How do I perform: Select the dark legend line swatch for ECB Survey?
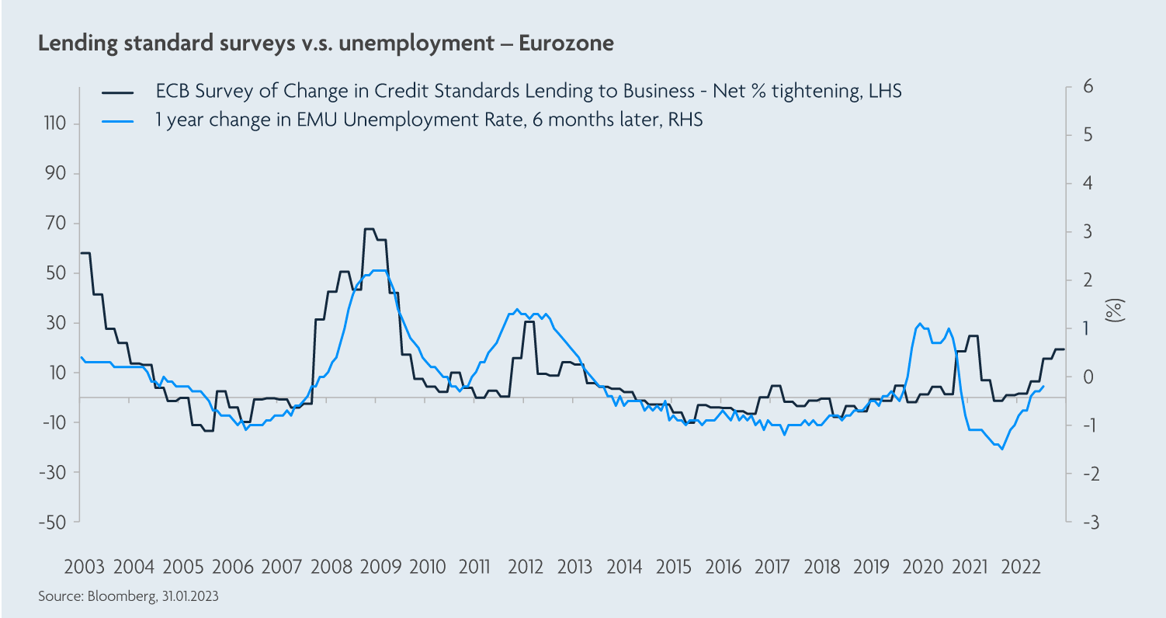(x=119, y=92)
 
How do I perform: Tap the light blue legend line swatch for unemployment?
(x=119, y=120)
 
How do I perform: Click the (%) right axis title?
(x=1115, y=310)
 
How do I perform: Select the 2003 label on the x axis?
(x=85, y=567)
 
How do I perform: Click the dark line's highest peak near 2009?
(x=369, y=229)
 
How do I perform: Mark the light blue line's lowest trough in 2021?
(x=1002, y=449)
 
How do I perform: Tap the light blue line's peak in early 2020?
(x=920, y=324)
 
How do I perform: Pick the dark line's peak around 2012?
(x=528, y=321)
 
